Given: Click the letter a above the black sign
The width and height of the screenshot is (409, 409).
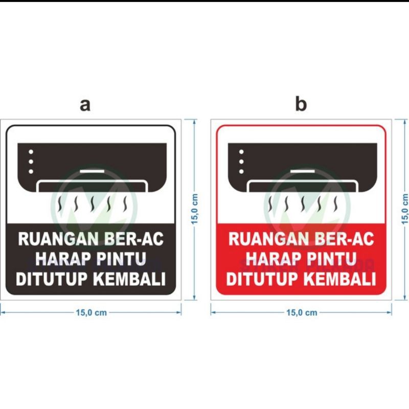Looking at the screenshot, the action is tap(85, 105).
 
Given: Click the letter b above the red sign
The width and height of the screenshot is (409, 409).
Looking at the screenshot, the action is tap(301, 104).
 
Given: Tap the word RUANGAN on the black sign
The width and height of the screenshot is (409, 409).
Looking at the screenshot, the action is tap(58, 239).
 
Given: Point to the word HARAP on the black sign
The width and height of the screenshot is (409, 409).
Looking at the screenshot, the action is tap(63, 259).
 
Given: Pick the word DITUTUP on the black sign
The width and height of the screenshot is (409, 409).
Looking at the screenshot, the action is tap(52, 279).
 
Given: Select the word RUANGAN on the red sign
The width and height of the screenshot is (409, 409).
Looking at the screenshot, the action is tap(269, 239).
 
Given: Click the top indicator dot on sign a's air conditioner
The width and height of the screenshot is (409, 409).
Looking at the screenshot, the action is tap(31, 152).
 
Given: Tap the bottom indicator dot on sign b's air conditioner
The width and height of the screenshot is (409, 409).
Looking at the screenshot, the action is tap(241, 172).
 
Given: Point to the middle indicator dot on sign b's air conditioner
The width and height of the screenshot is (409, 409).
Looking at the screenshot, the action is tap(241, 162).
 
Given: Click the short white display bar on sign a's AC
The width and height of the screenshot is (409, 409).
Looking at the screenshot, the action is tap(92, 171).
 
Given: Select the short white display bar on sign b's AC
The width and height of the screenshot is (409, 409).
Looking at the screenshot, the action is tap(303, 171).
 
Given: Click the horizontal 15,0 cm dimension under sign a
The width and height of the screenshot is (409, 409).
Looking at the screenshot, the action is tap(91, 312).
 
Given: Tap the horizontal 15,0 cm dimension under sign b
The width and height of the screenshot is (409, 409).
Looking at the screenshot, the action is tap(301, 312).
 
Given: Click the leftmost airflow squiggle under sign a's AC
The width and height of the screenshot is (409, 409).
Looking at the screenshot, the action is tap(60, 204).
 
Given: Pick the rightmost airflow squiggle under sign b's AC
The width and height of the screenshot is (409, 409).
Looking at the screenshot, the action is tap(336, 204).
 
